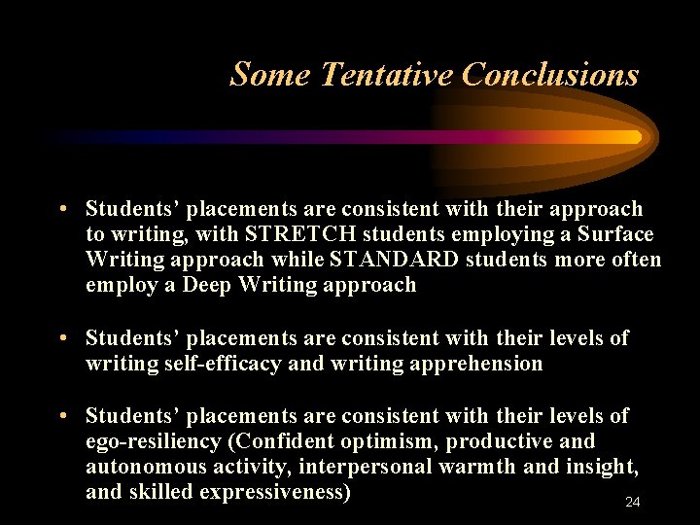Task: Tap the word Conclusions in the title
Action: point(550,74)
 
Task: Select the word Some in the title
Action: point(270,74)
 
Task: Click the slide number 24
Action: point(633,502)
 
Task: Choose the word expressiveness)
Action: point(275,492)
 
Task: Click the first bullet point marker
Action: point(61,210)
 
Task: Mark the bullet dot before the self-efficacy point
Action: point(61,338)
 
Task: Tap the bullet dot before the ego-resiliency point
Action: point(61,416)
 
